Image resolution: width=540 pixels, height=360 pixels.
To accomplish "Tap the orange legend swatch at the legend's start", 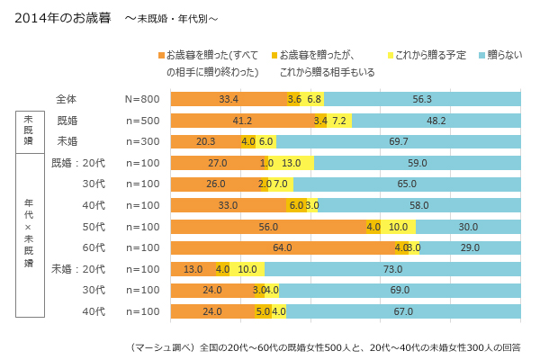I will click(161, 57).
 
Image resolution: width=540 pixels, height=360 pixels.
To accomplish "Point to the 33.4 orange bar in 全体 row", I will click(229, 99).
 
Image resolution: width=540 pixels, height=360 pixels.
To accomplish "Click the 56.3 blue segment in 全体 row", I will click(422, 99).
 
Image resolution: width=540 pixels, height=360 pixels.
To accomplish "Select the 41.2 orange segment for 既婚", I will click(242, 121).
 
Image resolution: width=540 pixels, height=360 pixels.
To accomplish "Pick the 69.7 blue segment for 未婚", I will click(399, 141).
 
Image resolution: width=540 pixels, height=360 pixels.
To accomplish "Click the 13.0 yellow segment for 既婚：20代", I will click(317, 163).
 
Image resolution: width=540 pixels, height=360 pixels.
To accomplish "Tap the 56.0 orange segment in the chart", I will click(268, 227).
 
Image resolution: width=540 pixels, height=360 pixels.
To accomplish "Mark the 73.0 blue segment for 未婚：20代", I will click(392, 269).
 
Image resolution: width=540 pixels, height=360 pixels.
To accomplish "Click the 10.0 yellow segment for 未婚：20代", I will click(247, 269).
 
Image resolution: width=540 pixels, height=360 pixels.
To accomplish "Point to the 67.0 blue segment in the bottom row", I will click(403, 311).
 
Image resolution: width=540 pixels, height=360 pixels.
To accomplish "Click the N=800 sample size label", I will click(142, 99).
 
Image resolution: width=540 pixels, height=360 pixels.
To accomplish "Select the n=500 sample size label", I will click(142, 121).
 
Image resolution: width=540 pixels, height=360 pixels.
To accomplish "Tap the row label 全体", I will click(66, 99).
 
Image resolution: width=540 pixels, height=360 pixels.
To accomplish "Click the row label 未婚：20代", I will click(78, 269).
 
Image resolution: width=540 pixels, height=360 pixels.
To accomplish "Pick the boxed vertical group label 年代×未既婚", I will click(28, 236).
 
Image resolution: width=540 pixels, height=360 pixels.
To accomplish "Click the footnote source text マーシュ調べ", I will click(162, 346).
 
